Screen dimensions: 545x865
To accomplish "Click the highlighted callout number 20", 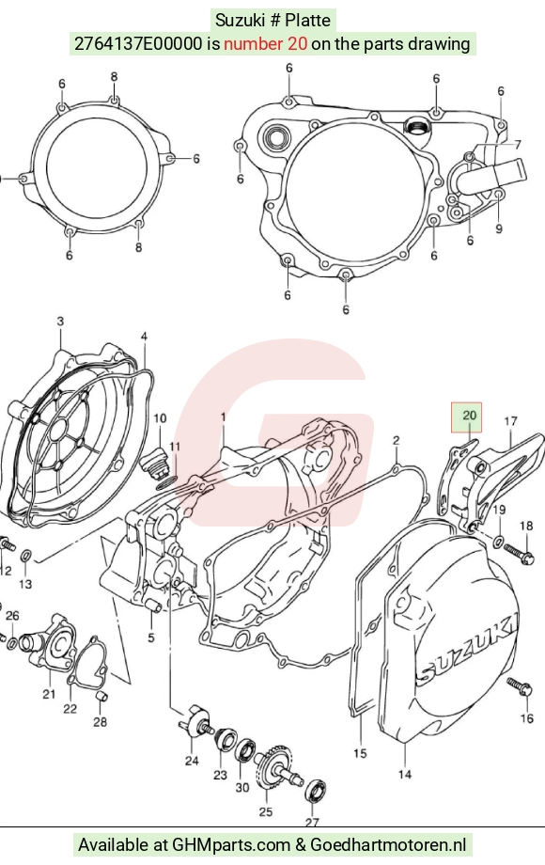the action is pyautogui.click(x=469, y=415).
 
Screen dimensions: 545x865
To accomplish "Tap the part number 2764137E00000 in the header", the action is pyautogui.click(x=138, y=43).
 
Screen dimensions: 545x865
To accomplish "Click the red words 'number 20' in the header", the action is pyautogui.click(x=265, y=43).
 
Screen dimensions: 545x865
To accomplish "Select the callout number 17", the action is pyautogui.click(x=511, y=421).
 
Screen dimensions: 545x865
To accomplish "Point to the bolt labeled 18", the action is pyautogui.click(x=519, y=554).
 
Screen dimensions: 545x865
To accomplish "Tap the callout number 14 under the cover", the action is pyautogui.click(x=405, y=775).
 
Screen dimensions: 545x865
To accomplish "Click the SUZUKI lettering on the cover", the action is pyautogui.click(x=467, y=645).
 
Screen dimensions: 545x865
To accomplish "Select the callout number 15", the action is pyautogui.click(x=360, y=753).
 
